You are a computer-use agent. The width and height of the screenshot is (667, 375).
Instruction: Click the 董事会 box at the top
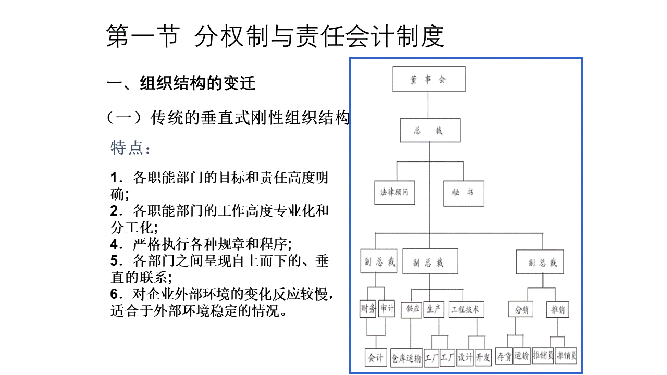[429, 79]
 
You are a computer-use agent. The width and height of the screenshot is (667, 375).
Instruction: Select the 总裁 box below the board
[430, 130]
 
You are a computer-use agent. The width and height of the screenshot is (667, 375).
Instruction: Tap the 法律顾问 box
[394, 193]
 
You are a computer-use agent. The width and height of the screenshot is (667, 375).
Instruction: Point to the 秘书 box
[464, 193]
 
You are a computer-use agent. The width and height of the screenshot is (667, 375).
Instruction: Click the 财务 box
[368, 309]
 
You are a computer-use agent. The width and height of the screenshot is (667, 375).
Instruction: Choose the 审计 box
[387, 308]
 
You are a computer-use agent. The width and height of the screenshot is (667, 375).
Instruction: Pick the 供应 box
[412, 309]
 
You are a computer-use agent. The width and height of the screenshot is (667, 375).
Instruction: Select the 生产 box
[434, 309]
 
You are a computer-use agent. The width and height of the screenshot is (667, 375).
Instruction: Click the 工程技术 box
[466, 309]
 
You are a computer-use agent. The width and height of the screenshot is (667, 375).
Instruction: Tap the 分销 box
[521, 309]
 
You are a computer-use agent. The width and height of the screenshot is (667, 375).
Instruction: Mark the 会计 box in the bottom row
[376, 357]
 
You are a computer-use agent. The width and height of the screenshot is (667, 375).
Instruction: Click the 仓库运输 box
[406, 358]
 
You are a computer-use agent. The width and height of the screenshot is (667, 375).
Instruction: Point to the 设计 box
[465, 357]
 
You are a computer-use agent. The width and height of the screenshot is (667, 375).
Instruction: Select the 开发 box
[483, 357]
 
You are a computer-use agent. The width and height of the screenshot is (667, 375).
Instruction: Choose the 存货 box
[504, 356]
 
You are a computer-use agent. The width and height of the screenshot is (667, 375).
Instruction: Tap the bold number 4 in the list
[114, 244]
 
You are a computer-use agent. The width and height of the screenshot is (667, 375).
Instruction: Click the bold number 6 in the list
[114, 294]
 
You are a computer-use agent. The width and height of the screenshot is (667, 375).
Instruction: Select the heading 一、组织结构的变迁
[181, 83]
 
